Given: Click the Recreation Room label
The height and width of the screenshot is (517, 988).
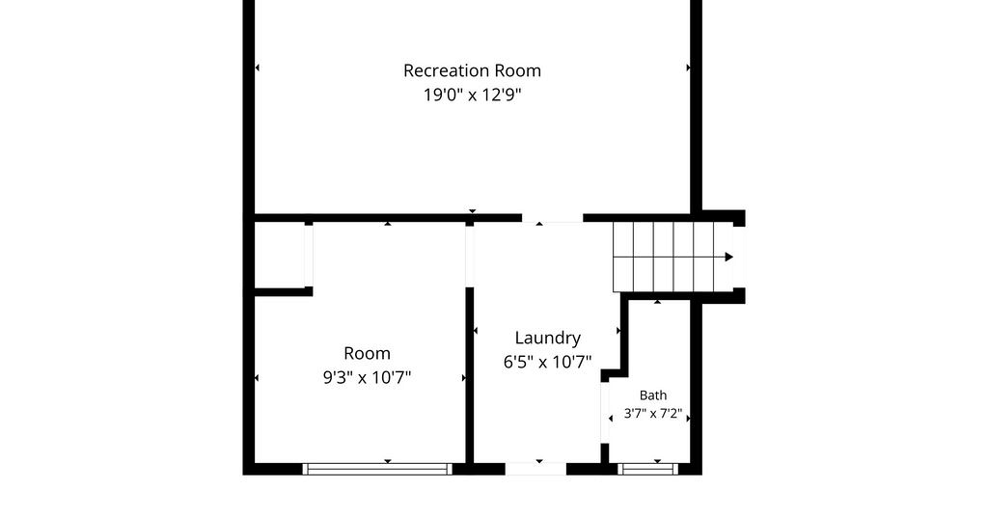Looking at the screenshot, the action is [x=472, y=70].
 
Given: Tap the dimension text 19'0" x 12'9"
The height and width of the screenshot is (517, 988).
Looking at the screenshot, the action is [x=472, y=95].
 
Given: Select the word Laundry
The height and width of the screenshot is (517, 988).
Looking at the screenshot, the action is [x=548, y=339].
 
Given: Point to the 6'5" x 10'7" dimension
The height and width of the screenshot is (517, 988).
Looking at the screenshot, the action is [x=548, y=362].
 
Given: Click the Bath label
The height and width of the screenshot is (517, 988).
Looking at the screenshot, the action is [x=653, y=395].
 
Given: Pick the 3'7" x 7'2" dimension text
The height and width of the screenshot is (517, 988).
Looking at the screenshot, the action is [x=653, y=414].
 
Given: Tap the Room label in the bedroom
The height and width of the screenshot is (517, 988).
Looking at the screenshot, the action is [x=367, y=353].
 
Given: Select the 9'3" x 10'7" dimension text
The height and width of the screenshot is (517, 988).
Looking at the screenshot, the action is [x=367, y=377].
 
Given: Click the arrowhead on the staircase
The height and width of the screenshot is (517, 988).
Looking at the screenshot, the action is [x=729, y=257].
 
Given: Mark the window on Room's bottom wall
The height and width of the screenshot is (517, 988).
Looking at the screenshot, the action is [x=377, y=469].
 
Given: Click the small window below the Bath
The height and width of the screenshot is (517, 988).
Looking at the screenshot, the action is [x=647, y=469].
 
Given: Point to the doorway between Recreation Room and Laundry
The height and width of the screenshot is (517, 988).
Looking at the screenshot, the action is [x=552, y=219].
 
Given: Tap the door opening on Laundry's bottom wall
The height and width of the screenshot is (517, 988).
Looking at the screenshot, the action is [x=535, y=469].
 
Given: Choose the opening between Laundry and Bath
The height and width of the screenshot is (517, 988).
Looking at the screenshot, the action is [x=605, y=413].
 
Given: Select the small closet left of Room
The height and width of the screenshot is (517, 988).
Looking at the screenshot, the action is [x=279, y=255].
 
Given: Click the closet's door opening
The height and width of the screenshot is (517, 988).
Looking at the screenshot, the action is [x=309, y=256].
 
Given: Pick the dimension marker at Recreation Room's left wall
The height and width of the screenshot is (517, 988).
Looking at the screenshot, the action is [x=257, y=68].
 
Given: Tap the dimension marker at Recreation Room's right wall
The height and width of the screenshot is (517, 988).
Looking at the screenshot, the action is [x=688, y=68].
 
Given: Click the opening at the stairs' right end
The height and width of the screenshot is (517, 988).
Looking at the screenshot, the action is [x=739, y=258].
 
